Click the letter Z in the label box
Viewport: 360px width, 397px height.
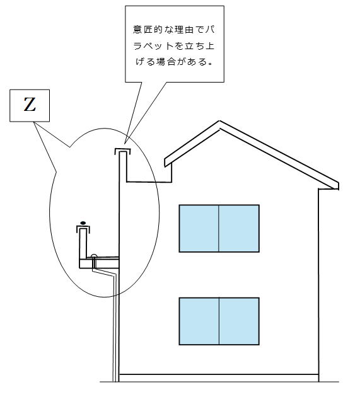30,105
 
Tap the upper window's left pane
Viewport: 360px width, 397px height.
199,228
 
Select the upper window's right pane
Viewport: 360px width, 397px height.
239,228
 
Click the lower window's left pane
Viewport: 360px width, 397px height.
199,321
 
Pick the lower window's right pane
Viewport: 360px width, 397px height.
239,321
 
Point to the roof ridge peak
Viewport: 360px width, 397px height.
219,121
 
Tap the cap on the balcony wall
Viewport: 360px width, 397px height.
83,227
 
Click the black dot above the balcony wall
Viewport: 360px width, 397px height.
83,223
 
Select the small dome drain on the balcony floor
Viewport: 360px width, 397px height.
94,256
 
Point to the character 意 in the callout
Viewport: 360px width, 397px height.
137,30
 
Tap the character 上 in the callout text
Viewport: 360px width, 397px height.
211,46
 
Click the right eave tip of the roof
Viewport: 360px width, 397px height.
338,186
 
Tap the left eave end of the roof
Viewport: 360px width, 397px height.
165,163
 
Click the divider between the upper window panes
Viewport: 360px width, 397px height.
219,228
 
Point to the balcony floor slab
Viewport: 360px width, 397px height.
100,263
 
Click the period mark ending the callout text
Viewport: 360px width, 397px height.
210,64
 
